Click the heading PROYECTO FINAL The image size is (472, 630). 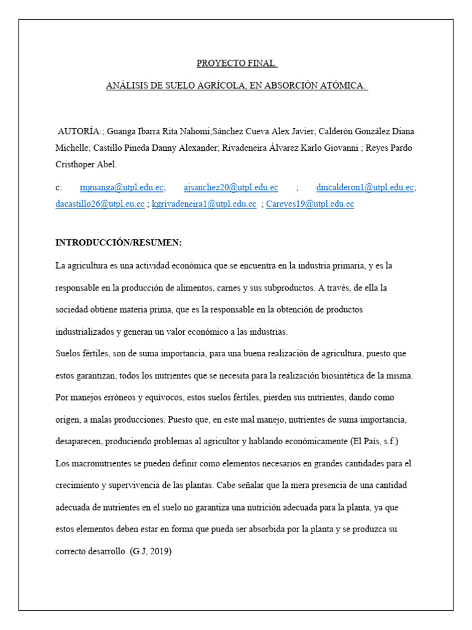pos(237,63)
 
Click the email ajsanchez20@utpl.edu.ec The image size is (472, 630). pos(230,188)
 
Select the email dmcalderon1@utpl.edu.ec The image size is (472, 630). pos(366,188)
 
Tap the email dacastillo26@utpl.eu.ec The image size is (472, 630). pos(100,204)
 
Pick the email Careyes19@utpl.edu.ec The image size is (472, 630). pos(310,204)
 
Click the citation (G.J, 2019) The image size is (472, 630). pos(151,551)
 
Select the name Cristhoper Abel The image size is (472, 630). pos(86,164)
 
